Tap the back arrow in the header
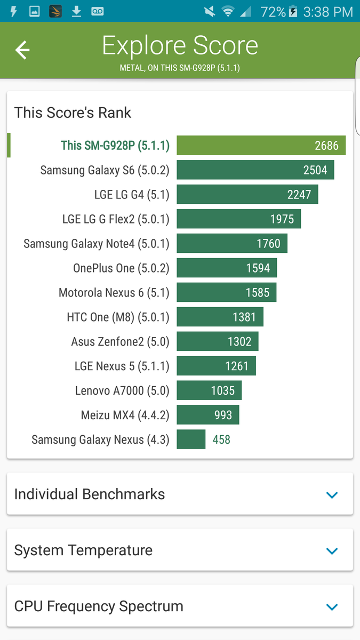pos(22,50)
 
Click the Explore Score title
pos(180,45)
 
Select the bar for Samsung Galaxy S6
pos(255,170)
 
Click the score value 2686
pos(326,146)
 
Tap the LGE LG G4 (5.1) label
pos(132,195)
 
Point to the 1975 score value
pos(282,219)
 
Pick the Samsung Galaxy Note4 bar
pos(232,243)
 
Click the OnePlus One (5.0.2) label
pos(121,268)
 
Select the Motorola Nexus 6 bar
pos(226,292)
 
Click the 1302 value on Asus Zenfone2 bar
pos(239,342)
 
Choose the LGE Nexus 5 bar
pos(217,366)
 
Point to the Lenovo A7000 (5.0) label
pos(122,390)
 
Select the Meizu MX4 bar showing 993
pos(207,414)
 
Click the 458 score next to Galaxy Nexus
pos(221,439)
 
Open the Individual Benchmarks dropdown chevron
pos(332,494)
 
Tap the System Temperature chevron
pos(332,550)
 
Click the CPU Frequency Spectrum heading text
pos(99,606)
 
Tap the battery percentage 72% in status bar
pos(273,12)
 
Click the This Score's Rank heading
pos(73,113)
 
